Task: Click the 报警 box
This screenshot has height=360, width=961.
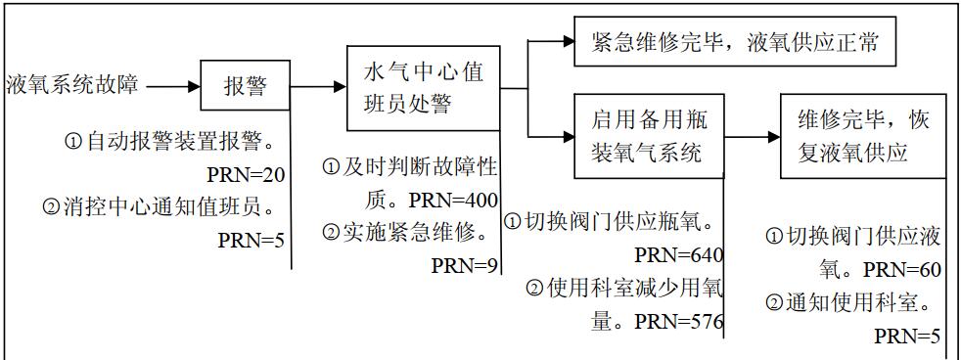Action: tap(246, 87)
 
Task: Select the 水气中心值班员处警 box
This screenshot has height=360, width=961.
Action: tap(423, 87)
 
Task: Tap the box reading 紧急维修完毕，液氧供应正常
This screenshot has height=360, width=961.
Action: tap(734, 43)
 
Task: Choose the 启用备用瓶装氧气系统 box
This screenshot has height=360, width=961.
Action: tap(649, 136)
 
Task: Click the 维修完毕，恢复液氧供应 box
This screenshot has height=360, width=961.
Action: tap(862, 136)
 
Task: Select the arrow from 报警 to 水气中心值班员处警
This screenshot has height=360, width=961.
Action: tap(319, 87)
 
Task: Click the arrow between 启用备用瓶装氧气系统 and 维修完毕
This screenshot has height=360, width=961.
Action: tap(752, 135)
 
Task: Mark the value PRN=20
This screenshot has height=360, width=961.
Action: tap(247, 175)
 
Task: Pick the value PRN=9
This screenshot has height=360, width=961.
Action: tap(465, 264)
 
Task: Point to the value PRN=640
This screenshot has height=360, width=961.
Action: tap(678, 255)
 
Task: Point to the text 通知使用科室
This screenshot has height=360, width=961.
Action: tap(854, 302)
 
